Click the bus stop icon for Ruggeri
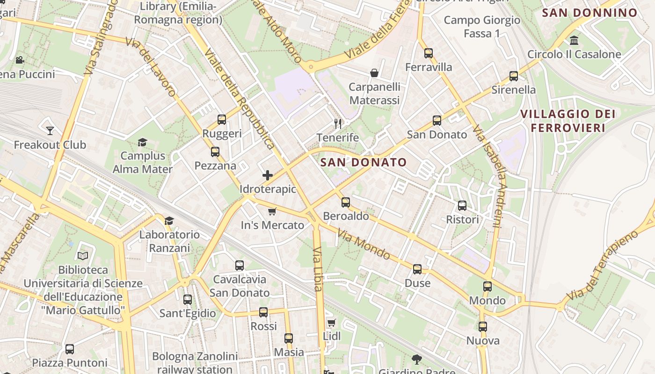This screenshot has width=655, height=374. pos(222,120)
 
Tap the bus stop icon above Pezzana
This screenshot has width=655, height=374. pos(215,152)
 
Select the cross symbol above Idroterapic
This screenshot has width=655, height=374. pos(268,175)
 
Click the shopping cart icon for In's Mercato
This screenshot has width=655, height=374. pos(272,211)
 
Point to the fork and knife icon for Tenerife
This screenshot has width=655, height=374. pos(338,124)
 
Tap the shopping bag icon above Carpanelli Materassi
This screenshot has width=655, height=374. pos(374,73)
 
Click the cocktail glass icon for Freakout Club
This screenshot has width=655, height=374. pos(50,131)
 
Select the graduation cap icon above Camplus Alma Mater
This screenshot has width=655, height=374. pos(142,142)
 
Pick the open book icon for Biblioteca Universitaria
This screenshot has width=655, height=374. pos(83,256)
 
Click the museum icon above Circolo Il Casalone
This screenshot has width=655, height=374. pos(574,40)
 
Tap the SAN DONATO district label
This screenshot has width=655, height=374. pos(364,162)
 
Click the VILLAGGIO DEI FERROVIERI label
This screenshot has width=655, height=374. pos(568,121)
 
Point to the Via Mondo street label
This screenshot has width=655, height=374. pos(364,245)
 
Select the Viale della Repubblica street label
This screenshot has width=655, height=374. pos(239,98)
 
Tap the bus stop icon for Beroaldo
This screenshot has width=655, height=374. pos(346,202)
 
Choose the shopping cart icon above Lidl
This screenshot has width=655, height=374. pos(332,323)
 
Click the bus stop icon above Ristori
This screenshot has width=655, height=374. pos(462,206)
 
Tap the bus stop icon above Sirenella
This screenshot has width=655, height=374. pos(514,76)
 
